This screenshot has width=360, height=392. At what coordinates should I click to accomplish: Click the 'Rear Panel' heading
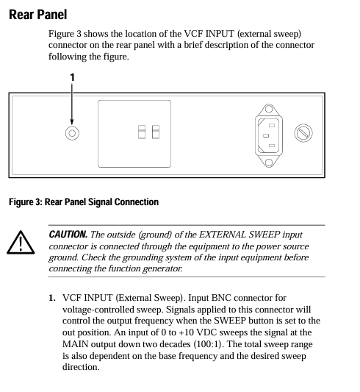point(38,15)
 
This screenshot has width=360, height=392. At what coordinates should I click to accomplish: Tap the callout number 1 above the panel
point(72,77)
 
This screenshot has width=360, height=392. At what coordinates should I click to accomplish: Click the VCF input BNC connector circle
point(72,133)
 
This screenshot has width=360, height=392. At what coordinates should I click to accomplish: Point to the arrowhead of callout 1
point(72,122)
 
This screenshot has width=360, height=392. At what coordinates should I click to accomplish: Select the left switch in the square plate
point(142,132)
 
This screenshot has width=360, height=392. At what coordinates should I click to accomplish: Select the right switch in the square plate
point(156,132)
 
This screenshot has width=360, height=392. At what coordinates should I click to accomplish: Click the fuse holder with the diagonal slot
point(303,133)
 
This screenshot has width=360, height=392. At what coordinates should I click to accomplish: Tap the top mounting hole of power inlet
point(269,109)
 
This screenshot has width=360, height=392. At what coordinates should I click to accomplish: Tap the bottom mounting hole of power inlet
point(269,163)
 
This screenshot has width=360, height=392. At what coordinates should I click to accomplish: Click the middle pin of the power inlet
point(266,136)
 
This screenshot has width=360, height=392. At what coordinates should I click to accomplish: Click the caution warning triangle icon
point(21,242)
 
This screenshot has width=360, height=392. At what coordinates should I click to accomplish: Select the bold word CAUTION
point(68,235)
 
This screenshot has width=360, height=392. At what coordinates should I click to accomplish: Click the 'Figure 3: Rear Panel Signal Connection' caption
point(84,202)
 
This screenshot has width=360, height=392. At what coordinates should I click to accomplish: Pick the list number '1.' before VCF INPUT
point(52,298)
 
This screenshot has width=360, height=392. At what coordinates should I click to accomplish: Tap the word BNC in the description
point(221,298)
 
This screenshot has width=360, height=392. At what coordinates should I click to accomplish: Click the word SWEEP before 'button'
point(230,321)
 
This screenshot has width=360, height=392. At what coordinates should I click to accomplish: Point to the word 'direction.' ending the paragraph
point(81,367)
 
